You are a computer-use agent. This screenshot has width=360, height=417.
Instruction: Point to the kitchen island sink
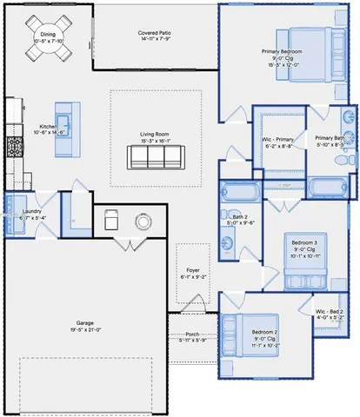[x=63, y=122]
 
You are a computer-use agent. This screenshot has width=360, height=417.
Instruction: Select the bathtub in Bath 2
[x=237, y=192]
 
